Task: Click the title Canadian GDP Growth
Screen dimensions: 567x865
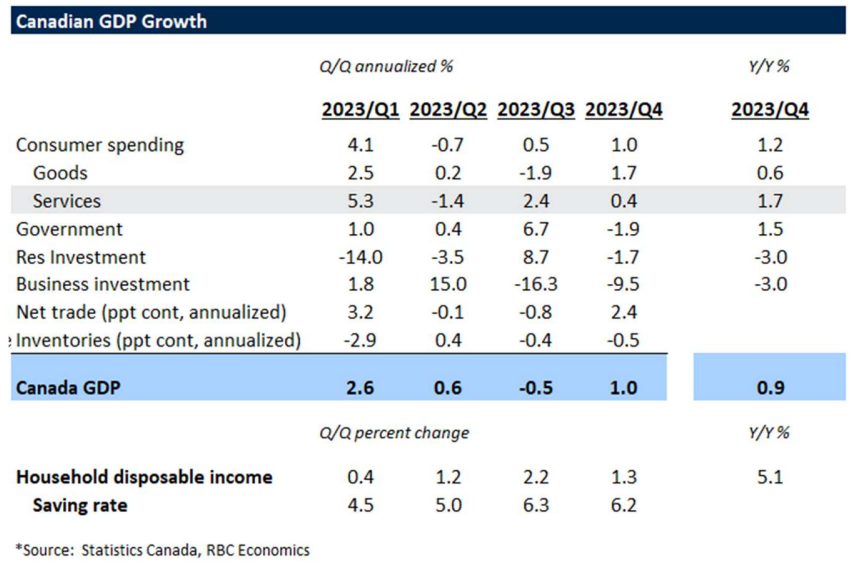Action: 111,21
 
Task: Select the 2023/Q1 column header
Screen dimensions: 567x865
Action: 360,110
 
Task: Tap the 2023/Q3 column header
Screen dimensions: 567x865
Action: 535,110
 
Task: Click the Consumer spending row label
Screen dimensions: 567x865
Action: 100,145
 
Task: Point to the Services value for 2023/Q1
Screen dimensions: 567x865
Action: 361,201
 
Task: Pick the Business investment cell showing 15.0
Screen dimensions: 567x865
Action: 448,284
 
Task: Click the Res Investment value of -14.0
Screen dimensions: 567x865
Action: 361,257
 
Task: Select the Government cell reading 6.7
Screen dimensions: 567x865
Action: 536,229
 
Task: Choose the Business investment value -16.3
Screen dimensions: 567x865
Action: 536,284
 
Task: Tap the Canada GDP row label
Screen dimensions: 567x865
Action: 68,388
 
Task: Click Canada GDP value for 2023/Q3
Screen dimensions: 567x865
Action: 536,388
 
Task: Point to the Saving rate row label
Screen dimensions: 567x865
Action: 80,505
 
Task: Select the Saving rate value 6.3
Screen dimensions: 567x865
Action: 536,505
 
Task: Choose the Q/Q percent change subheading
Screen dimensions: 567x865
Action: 394,433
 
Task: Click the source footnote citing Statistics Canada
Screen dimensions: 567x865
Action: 163,549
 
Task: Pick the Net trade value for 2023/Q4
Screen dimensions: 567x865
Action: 623,312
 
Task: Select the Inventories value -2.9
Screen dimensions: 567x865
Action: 361,340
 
